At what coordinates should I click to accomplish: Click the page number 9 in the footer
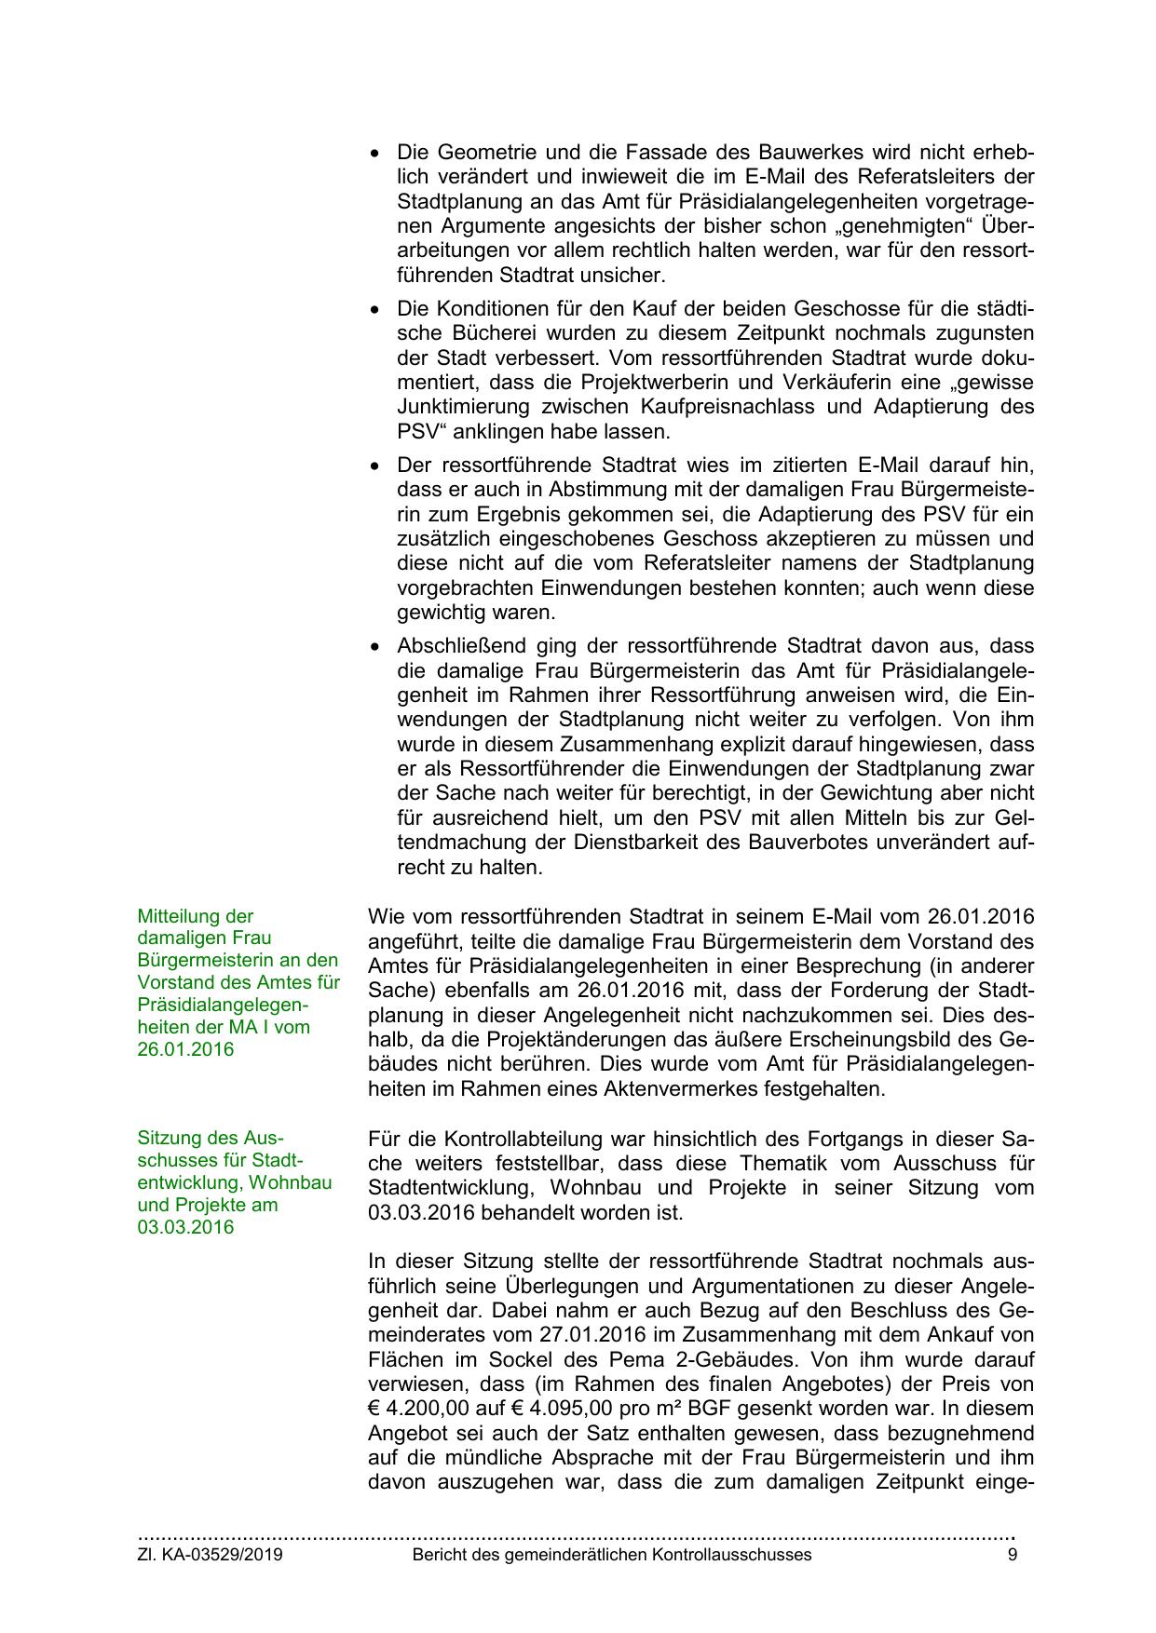coord(1012,1555)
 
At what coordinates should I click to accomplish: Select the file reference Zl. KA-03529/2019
coord(211,1555)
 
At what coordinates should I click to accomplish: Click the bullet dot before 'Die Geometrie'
coord(375,153)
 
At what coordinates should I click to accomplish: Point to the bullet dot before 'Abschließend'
coord(375,646)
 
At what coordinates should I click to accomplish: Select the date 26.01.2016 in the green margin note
coord(186,1049)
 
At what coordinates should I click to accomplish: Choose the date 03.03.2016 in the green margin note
coord(186,1227)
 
